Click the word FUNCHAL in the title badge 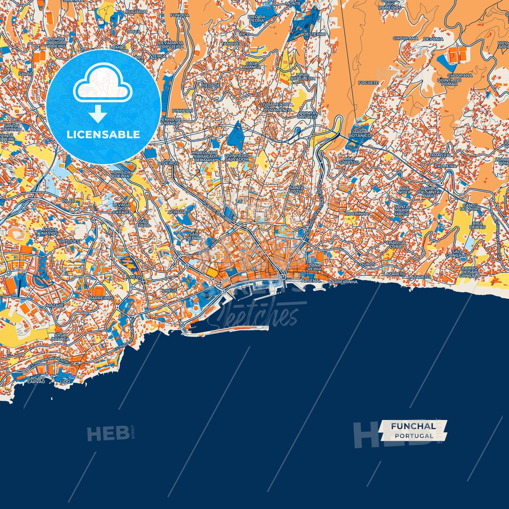pyautogui.click(x=413, y=426)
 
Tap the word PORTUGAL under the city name pyautogui.click(x=414, y=436)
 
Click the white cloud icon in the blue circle pyautogui.click(x=103, y=85)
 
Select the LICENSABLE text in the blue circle pyautogui.click(x=103, y=135)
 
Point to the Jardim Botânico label pyautogui.click(x=359, y=134)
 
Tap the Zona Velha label pyautogui.click(x=315, y=267)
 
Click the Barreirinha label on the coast pyautogui.click(x=343, y=282)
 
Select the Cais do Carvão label pyautogui.click(x=36, y=380)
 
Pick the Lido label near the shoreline pyautogui.click(x=65, y=381)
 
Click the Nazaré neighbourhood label pyautogui.click(x=55, y=305)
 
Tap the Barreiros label pyautogui.click(x=101, y=298)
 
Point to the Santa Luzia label pyautogui.click(x=297, y=189)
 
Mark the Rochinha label pyautogui.click(x=356, y=213)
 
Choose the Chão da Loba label pyautogui.click(x=396, y=244)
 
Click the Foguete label pyautogui.click(x=368, y=83)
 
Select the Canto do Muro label pyautogui.click(x=471, y=207)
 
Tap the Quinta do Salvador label pyautogui.click(x=236, y=157)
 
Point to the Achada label pyautogui.click(x=177, y=212)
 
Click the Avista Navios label pyautogui.click(x=49, y=231)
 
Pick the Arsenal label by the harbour pyautogui.click(x=311, y=281)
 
